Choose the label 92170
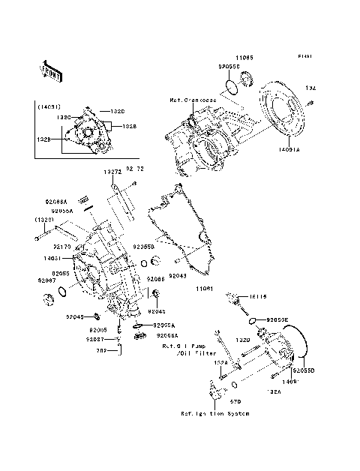point(62,245)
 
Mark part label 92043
point(177,276)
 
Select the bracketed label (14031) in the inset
point(49,106)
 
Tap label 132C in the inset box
point(64,118)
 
